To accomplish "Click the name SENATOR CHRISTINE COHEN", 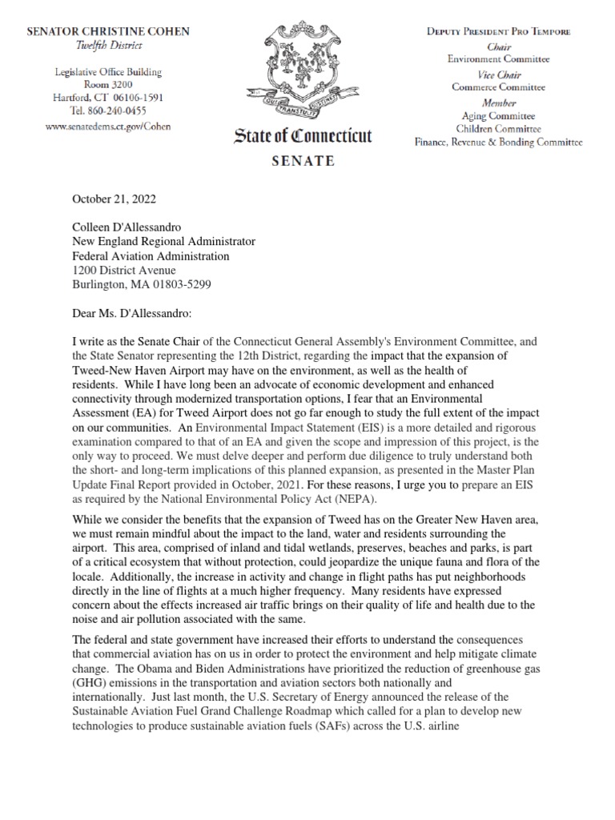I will pos(108,31).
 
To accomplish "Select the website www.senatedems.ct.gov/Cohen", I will pos(108,126).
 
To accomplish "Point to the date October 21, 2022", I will pos(115,199).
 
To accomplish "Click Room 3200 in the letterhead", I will pos(108,85).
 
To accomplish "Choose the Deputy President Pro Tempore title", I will pos(498,31).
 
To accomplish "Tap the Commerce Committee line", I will pos(498,87).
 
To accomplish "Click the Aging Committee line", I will pos(498,116).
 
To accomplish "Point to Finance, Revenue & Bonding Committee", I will pos(498,143).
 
